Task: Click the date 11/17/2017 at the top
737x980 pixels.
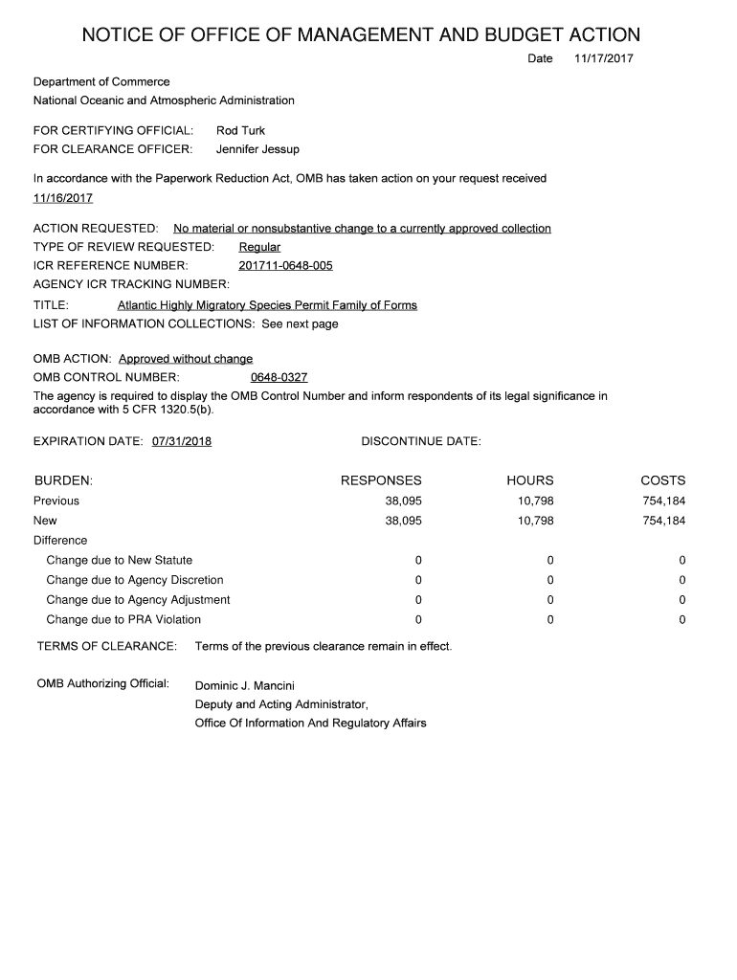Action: (x=603, y=59)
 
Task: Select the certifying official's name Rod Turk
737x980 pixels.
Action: (x=240, y=130)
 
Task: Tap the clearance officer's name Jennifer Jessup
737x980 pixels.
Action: (x=257, y=149)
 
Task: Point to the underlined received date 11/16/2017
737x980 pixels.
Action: (x=63, y=198)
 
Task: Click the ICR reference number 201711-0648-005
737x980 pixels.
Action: (x=285, y=265)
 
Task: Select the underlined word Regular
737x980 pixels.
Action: (x=259, y=247)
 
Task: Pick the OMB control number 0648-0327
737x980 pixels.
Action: (x=279, y=377)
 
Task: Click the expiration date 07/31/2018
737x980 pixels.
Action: (x=182, y=441)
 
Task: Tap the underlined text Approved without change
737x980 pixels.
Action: (x=186, y=359)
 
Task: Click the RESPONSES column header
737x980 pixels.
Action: (x=381, y=480)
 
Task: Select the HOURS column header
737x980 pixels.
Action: (x=530, y=480)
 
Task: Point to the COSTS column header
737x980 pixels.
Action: (x=662, y=480)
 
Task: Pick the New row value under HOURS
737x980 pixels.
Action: (x=535, y=521)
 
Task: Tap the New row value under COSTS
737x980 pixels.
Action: (x=664, y=521)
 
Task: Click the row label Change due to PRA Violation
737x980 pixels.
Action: (x=123, y=620)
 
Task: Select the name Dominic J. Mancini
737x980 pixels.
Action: (x=245, y=685)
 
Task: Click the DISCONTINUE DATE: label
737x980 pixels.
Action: (x=421, y=441)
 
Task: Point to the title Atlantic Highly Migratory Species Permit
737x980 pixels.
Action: (x=267, y=305)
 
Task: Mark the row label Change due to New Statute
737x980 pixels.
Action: (x=119, y=560)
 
